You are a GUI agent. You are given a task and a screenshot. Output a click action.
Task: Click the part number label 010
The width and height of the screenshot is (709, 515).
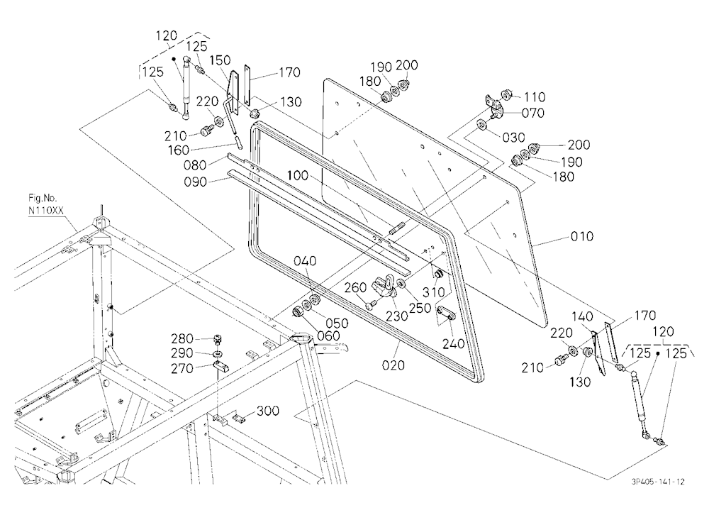[x=582, y=236]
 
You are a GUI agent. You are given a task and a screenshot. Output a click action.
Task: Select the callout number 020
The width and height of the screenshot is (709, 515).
[x=393, y=365]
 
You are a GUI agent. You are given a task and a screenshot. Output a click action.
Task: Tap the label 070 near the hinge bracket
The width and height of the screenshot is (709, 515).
[x=533, y=113]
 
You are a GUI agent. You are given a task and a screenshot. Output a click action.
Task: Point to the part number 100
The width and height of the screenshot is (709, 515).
[x=297, y=176]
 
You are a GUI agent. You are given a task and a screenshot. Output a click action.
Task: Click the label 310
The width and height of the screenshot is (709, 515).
[x=434, y=292]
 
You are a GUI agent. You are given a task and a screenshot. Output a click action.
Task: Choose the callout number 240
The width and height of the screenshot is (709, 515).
[x=454, y=344]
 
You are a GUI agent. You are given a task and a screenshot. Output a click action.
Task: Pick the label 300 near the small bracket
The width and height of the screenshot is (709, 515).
[x=268, y=411]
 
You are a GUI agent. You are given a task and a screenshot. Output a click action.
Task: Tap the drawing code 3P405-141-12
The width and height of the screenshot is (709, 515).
[x=658, y=482]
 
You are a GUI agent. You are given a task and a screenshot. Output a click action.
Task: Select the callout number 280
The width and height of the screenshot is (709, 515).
[x=182, y=338]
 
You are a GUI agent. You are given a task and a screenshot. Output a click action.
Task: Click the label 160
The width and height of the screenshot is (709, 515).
[x=179, y=150]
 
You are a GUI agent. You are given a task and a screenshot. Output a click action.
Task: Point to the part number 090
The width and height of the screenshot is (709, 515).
[x=196, y=182]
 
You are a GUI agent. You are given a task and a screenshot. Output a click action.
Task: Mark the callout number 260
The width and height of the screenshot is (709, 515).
[x=355, y=287]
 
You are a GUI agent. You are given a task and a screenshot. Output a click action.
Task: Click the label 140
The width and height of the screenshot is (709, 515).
[x=582, y=317]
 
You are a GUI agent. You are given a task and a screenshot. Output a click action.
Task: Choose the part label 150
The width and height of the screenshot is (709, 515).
[x=220, y=60]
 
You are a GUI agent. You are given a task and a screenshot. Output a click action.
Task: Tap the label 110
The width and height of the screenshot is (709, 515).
[x=535, y=97]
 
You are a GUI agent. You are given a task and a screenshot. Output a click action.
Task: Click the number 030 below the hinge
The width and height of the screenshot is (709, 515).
[x=513, y=138]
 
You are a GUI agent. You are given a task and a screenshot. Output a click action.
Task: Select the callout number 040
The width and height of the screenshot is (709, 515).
[x=305, y=261]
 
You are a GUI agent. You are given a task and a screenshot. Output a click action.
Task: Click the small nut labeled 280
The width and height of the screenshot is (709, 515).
[x=218, y=339]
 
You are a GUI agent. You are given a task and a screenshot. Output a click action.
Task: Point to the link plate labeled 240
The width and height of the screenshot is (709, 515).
[x=446, y=313]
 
